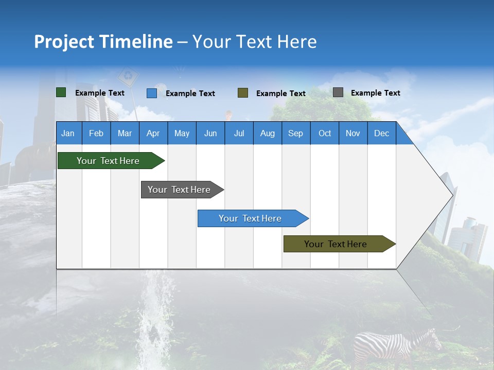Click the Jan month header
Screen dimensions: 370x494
coord(68,133)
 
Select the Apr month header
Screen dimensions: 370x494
coord(153,133)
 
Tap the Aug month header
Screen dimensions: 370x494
coord(268,133)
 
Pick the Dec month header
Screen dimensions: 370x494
coord(382,133)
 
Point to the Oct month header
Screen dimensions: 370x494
coord(325,133)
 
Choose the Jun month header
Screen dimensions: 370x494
coord(210,133)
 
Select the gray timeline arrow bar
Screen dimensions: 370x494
coord(180,190)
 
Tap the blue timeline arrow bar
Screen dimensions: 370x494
coord(251,218)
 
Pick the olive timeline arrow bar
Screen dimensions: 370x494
coord(337,244)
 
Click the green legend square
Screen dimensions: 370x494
coord(61,92)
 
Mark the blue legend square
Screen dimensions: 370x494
coord(152,93)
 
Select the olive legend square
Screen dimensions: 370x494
coord(243,93)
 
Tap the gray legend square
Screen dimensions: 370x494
coord(338,92)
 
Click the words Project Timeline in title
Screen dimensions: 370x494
coord(103,42)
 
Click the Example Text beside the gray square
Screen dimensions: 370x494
coord(375,93)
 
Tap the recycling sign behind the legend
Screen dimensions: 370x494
coord(128,77)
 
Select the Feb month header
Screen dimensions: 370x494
coord(96,133)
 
